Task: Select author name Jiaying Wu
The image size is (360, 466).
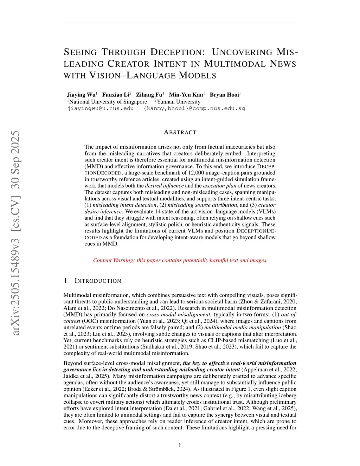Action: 81,95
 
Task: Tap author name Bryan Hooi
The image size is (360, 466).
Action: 224,95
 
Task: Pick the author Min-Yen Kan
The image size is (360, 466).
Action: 186,95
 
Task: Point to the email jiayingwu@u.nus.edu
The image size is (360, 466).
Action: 101,108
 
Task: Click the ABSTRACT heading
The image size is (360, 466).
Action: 180,132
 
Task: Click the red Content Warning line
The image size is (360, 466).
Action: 180,260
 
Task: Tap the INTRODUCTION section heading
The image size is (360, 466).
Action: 98,281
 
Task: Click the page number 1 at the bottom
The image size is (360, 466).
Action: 180,445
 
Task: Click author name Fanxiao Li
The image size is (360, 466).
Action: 116,95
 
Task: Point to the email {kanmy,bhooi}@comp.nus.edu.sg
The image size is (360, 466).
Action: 194,108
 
